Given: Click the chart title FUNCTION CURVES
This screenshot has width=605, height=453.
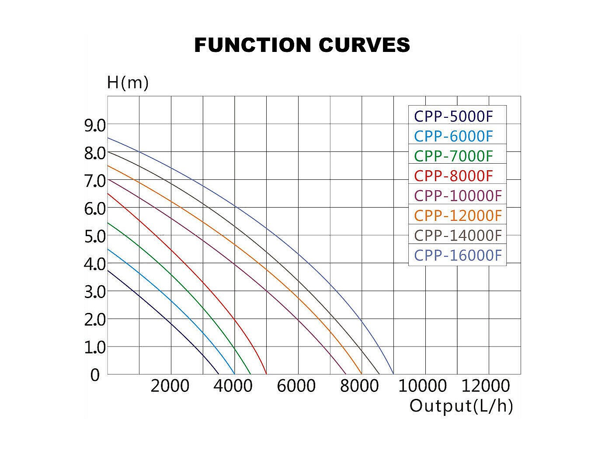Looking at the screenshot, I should [302, 45].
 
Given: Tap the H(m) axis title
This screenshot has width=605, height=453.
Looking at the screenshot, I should [128, 82].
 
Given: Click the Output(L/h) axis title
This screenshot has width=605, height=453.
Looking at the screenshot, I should [461, 406].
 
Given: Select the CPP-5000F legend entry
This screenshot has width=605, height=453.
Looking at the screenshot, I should [453, 117].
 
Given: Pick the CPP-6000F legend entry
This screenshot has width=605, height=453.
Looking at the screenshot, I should [453, 136].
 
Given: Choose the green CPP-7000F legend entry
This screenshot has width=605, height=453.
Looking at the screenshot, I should [453, 156].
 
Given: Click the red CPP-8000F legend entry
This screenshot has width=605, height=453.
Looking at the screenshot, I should [453, 176].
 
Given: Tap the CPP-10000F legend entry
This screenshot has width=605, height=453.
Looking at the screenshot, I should [458, 196].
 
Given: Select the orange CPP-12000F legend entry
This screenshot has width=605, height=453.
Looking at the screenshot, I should [458, 216].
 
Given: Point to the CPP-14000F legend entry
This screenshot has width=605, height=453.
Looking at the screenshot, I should [458, 235].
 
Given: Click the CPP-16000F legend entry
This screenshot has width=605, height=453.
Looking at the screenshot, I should [458, 255].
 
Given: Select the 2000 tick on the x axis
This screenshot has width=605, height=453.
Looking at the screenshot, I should [170, 386].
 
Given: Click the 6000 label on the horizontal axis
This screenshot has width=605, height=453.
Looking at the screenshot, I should [297, 386].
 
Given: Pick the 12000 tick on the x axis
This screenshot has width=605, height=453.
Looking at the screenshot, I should [486, 386].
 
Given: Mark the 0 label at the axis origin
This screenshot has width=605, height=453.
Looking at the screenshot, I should [95, 375].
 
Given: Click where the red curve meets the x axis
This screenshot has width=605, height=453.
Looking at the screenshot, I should [266, 374].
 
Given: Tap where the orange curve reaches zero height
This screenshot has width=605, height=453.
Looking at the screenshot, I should [362, 374].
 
